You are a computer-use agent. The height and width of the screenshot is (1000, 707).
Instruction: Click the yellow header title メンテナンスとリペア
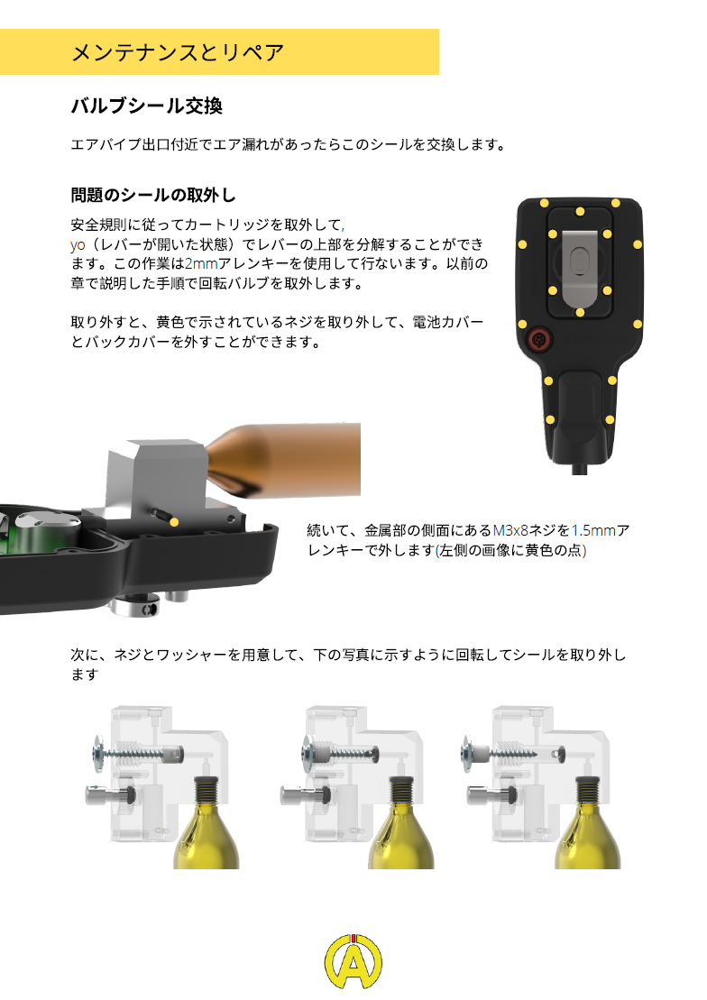178,52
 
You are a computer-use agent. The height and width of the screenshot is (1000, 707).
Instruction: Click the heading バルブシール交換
146,106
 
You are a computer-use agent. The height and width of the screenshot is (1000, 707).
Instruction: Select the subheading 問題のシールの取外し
153,195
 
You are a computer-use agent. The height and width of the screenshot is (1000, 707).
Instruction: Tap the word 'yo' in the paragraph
78,245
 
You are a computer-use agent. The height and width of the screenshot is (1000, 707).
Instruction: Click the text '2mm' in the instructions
201,264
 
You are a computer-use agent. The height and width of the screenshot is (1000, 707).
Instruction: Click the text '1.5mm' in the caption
593,530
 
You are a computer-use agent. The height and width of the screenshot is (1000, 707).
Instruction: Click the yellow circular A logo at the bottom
353,961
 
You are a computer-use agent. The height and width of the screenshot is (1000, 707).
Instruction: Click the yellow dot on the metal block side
174,522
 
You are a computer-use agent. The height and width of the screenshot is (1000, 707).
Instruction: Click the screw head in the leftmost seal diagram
97,753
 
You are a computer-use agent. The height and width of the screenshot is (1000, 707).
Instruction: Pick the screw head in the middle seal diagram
308,752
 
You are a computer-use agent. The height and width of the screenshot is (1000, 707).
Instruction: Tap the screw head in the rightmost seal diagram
468,753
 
